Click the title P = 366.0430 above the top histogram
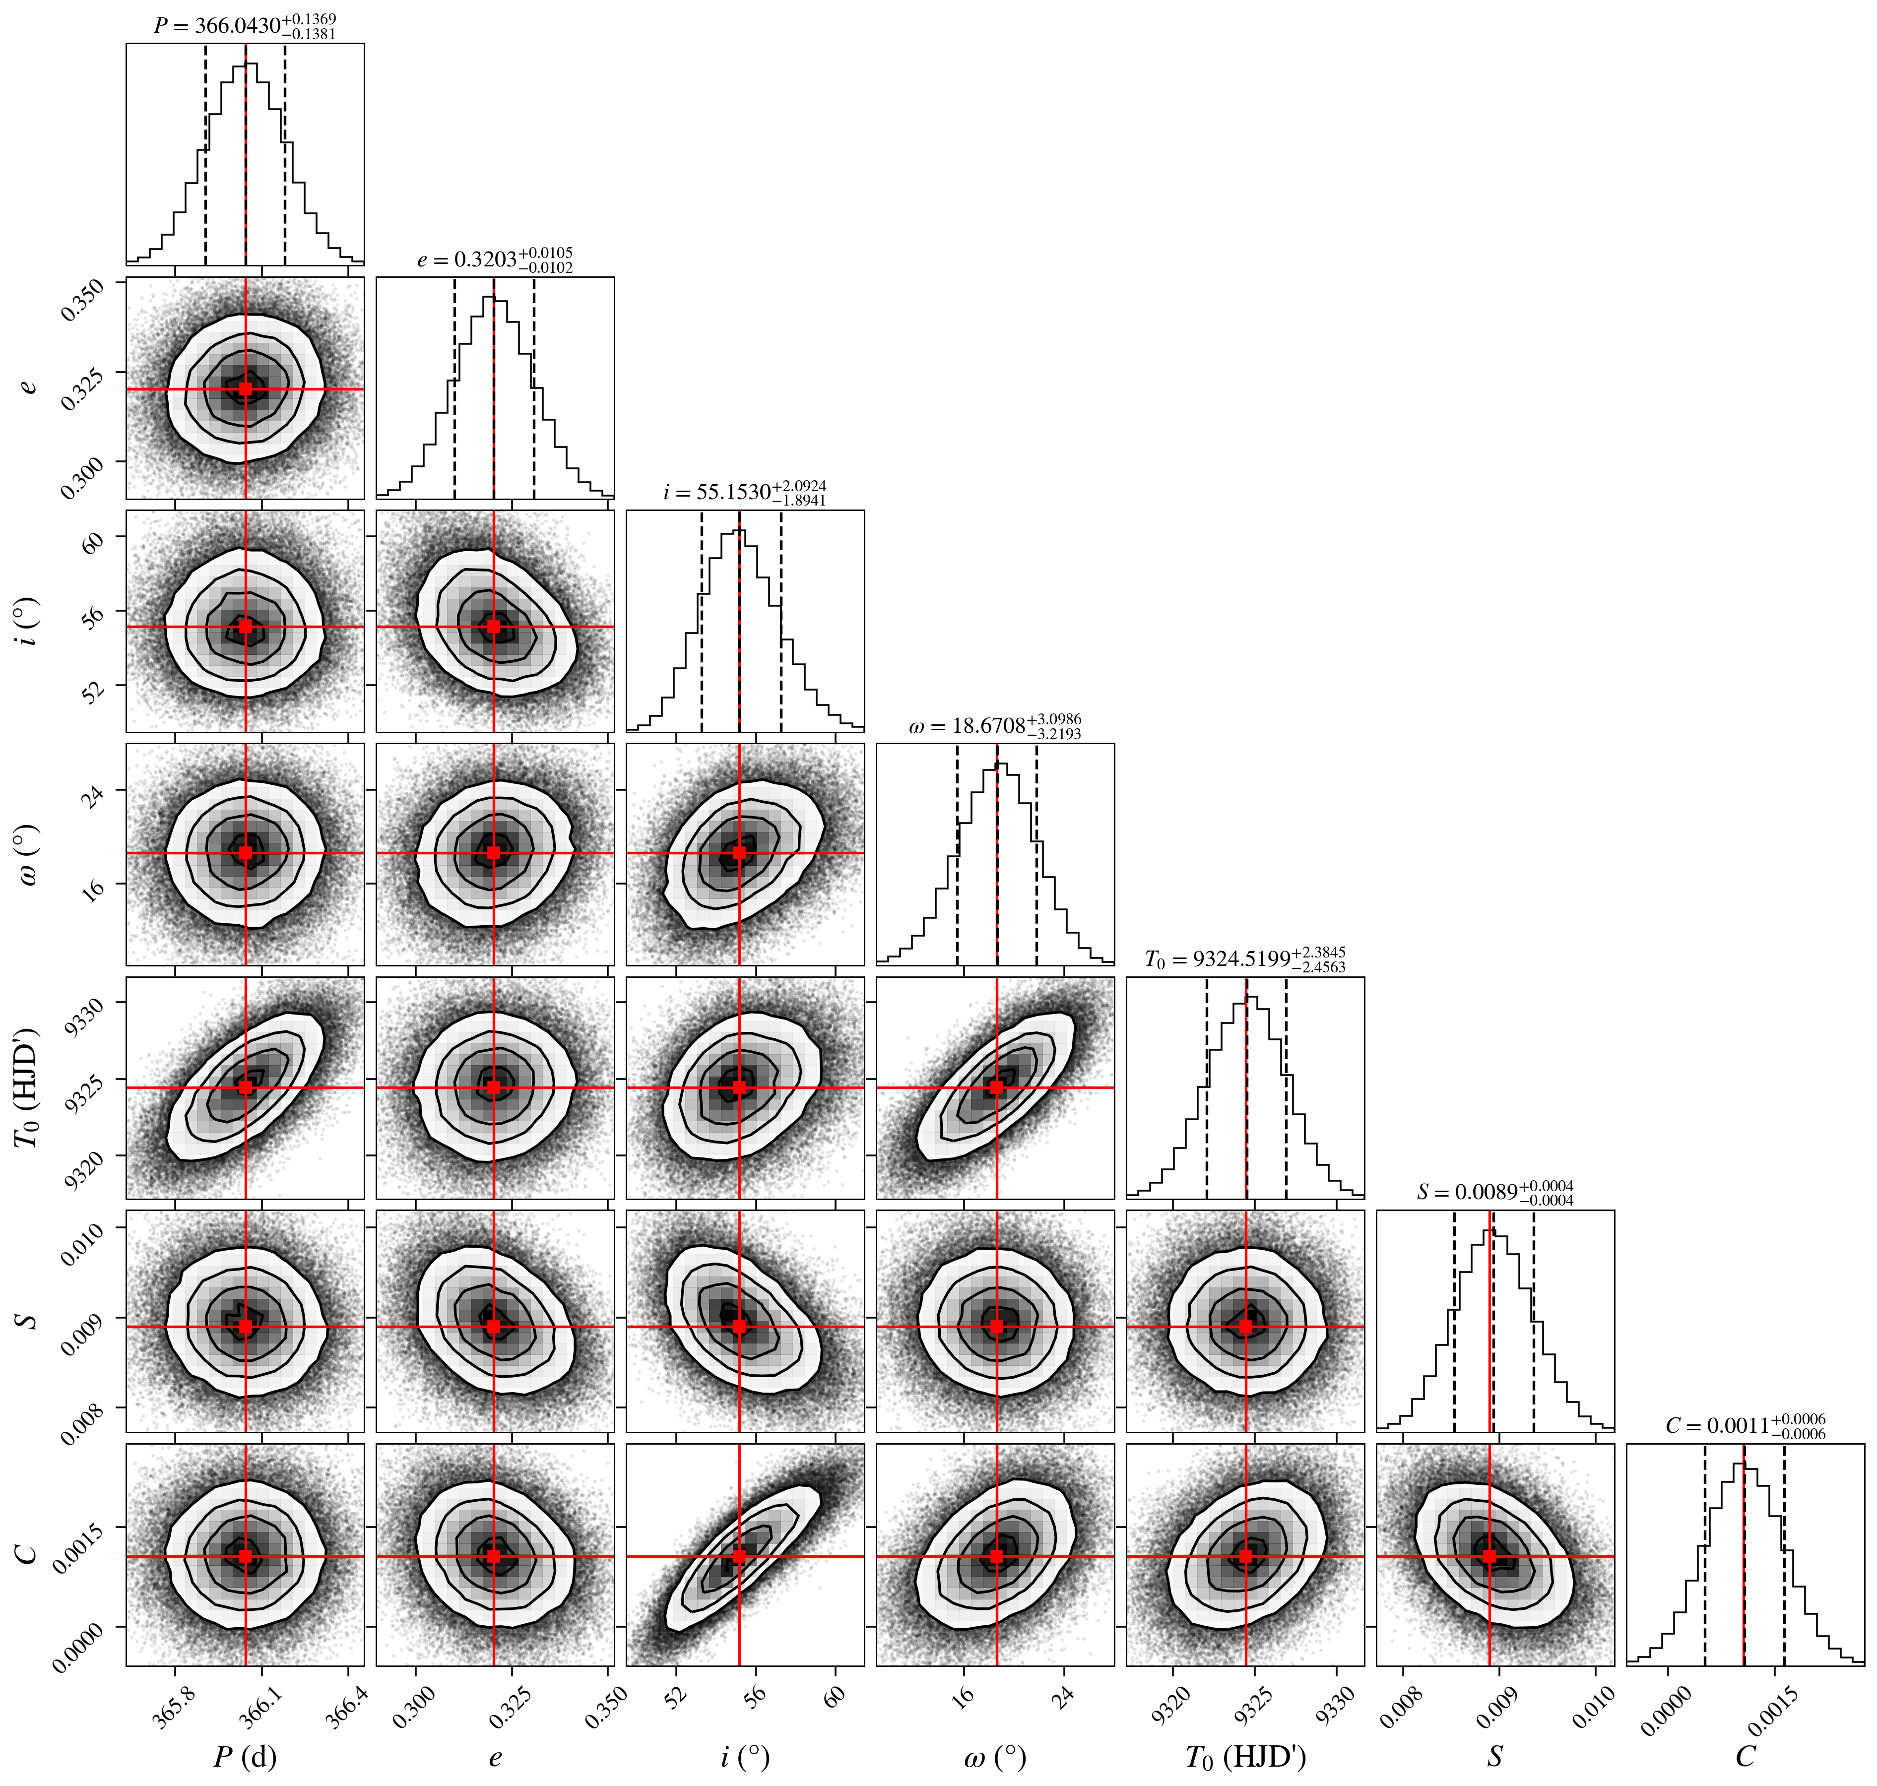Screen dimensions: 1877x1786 pos(245,26)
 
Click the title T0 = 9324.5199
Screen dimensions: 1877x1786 pos(1245,959)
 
